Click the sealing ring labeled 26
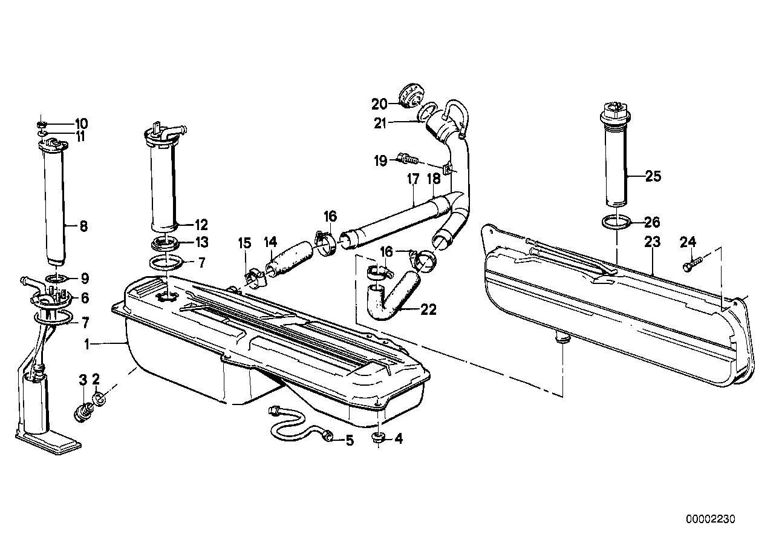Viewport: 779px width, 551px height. pyautogui.click(x=615, y=223)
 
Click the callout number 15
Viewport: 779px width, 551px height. pyautogui.click(x=244, y=243)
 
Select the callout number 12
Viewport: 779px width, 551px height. pyautogui.click(x=201, y=225)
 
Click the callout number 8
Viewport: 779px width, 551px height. pyautogui.click(x=83, y=226)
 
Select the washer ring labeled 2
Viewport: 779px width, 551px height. pyautogui.click(x=100, y=399)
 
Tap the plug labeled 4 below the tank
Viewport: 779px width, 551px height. pyautogui.click(x=378, y=438)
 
